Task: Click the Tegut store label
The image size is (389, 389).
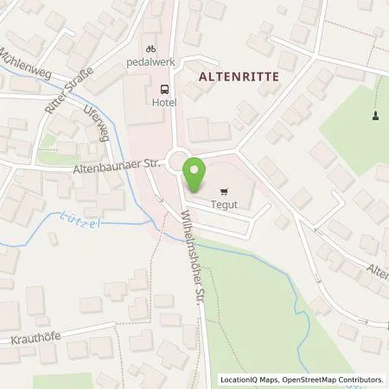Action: coord(225,205)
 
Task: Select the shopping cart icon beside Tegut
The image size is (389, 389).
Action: coord(225,192)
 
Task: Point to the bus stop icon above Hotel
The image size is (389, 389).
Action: coord(163,89)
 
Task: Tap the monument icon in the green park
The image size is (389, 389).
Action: coord(375,116)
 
